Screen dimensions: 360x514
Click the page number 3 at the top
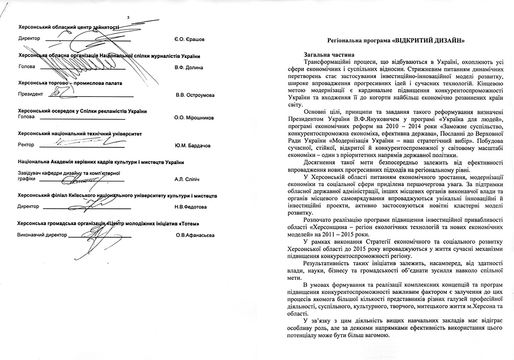(x=128, y=19)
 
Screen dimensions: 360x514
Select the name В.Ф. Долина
(x=189, y=67)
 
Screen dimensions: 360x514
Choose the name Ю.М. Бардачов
(x=192, y=145)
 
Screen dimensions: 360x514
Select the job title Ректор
(x=26, y=145)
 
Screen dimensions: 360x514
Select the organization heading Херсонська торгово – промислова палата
(x=70, y=83)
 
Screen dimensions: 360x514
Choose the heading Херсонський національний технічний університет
(x=80, y=134)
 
